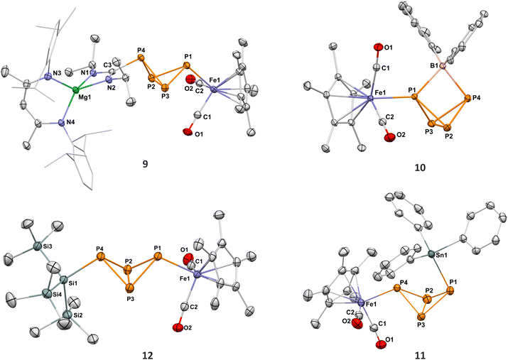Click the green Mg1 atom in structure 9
click(76, 89)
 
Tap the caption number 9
click(145, 164)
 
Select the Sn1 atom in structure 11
click(431, 254)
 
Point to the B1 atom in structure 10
click(443, 67)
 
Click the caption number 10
click(420, 168)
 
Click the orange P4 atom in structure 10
click(468, 98)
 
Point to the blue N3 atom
click(48, 77)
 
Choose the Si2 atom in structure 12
click(67, 315)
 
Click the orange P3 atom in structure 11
click(421, 316)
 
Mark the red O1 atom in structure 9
click(188, 132)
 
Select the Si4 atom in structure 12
click(47, 294)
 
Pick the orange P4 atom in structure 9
click(141, 58)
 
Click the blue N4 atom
click(63, 123)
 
